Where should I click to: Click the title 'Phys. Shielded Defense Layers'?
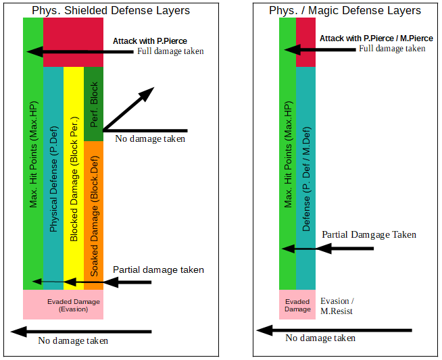tap(111, 10)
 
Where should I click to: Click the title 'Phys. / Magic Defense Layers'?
tap(345, 10)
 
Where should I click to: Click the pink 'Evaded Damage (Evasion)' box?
tap(64, 305)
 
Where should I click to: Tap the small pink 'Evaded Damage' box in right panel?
tap(297, 305)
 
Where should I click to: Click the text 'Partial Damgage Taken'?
tap(369, 234)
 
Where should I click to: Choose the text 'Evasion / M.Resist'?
tap(337, 306)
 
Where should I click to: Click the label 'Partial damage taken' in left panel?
tap(158, 269)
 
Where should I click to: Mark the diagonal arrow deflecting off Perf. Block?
tap(128, 108)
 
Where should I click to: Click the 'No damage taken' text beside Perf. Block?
tap(150, 139)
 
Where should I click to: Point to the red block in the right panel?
tap(305, 42)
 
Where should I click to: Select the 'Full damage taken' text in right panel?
tap(392, 49)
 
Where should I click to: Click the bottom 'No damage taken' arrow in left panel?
tap(81, 331)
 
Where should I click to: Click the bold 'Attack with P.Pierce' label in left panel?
tap(150, 41)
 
